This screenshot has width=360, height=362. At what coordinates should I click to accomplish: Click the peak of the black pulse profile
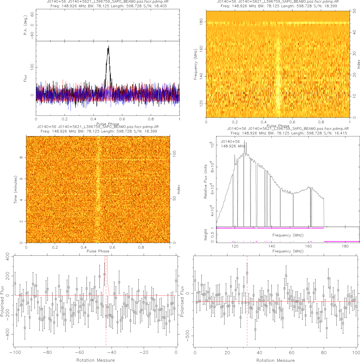tap(109, 46)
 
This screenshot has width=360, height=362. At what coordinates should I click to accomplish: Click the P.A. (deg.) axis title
tap(25, 25)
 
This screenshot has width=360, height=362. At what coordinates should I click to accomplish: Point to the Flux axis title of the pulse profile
tap(25, 78)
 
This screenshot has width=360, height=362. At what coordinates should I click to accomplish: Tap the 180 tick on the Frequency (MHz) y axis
tap(201, 22)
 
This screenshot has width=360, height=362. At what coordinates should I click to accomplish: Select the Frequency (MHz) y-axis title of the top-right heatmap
tap(195, 64)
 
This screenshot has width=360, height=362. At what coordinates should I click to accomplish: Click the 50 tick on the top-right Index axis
tap(354, 11)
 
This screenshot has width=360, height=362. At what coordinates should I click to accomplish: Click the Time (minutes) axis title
tap(15, 190)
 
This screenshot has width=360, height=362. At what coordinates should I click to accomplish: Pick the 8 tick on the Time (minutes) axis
tap(21, 157)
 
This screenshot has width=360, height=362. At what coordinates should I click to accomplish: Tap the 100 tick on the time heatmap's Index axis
tap(175, 154)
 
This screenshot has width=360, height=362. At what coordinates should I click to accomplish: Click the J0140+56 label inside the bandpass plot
tap(230, 142)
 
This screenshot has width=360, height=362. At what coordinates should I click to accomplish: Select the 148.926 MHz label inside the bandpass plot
tap(233, 146)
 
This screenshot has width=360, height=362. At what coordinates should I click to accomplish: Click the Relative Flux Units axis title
tap(206, 181)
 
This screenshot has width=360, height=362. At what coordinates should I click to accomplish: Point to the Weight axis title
tap(206, 235)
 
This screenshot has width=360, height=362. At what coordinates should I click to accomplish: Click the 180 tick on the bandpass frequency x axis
tap(345, 246)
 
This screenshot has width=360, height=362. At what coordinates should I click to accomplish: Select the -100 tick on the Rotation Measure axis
tap(15, 353)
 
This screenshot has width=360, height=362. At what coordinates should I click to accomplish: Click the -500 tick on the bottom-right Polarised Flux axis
tap(188, 336)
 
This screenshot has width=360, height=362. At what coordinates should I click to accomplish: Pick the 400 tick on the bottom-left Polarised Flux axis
tap(7, 256)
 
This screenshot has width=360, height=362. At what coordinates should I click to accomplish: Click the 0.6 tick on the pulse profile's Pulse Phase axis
tap(122, 119)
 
